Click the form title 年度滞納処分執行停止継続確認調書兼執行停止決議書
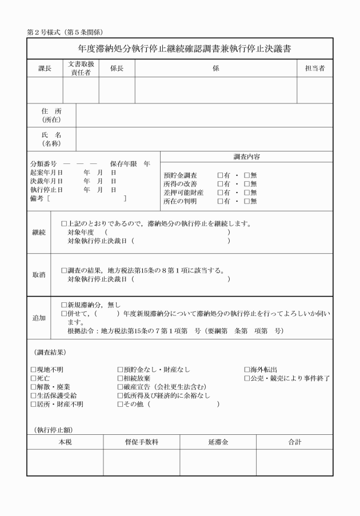(x=179, y=49)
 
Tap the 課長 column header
(x=45, y=69)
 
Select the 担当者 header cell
(x=314, y=69)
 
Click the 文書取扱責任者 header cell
(x=81, y=69)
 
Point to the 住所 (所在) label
(x=51, y=115)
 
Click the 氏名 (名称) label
(x=51, y=139)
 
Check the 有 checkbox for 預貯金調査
(x=221, y=175)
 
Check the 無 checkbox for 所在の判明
(x=247, y=201)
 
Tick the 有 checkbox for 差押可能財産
(x=221, y=193)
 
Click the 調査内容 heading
(x=246, y=157)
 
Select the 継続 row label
(x=39, y=233)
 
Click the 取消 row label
(x=39, y=275)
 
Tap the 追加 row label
(x=39, y=318)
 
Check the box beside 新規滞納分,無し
(x=64, y=305)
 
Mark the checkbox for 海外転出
(x=247, y=370)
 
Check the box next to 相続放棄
(x=120, y=378)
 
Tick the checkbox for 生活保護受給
(x=33, y=395)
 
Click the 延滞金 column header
(x=218, y=442)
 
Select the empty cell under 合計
(x=294, y=462)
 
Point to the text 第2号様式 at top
(x=46, y=31)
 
